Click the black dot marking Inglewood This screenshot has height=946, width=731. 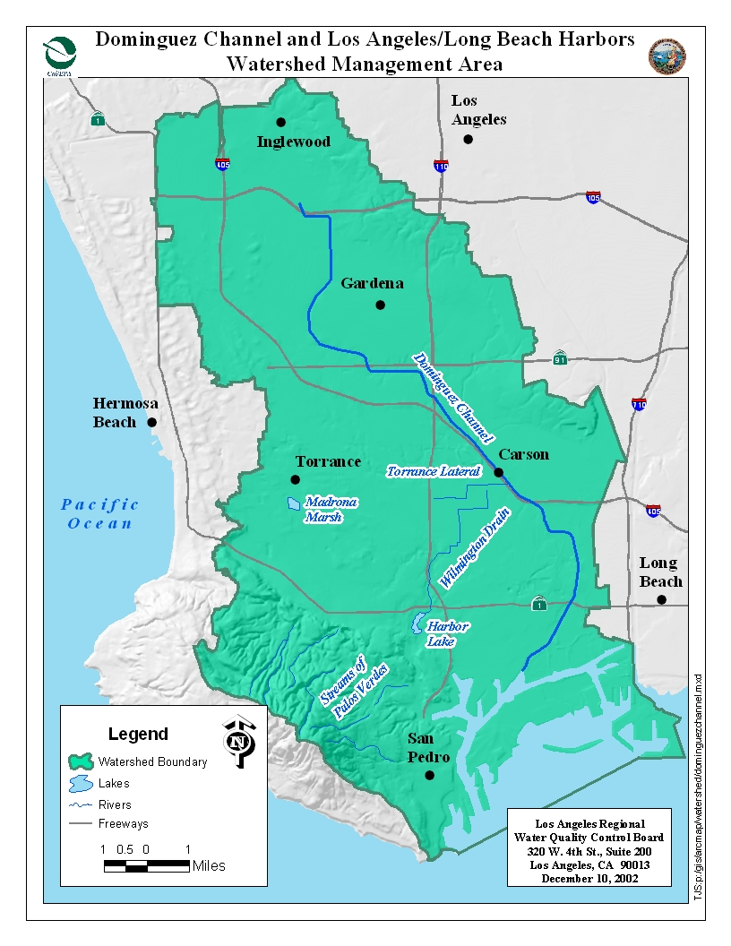tap(280, 122)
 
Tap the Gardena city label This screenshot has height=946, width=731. tap(372, 283)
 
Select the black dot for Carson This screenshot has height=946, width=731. tap(499, 473)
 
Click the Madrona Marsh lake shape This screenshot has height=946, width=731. tap(294, 504)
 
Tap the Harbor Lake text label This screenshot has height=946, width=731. tap(447, 633)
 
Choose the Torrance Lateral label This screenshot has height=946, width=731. tap(434, 471)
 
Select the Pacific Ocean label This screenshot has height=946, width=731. tap(100, 514)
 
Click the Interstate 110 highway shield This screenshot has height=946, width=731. tap(441, 166)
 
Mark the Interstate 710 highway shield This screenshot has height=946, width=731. tap(639, 404)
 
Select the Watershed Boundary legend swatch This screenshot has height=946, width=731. tap(81, 761)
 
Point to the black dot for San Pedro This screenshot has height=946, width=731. tap(429, 776)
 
